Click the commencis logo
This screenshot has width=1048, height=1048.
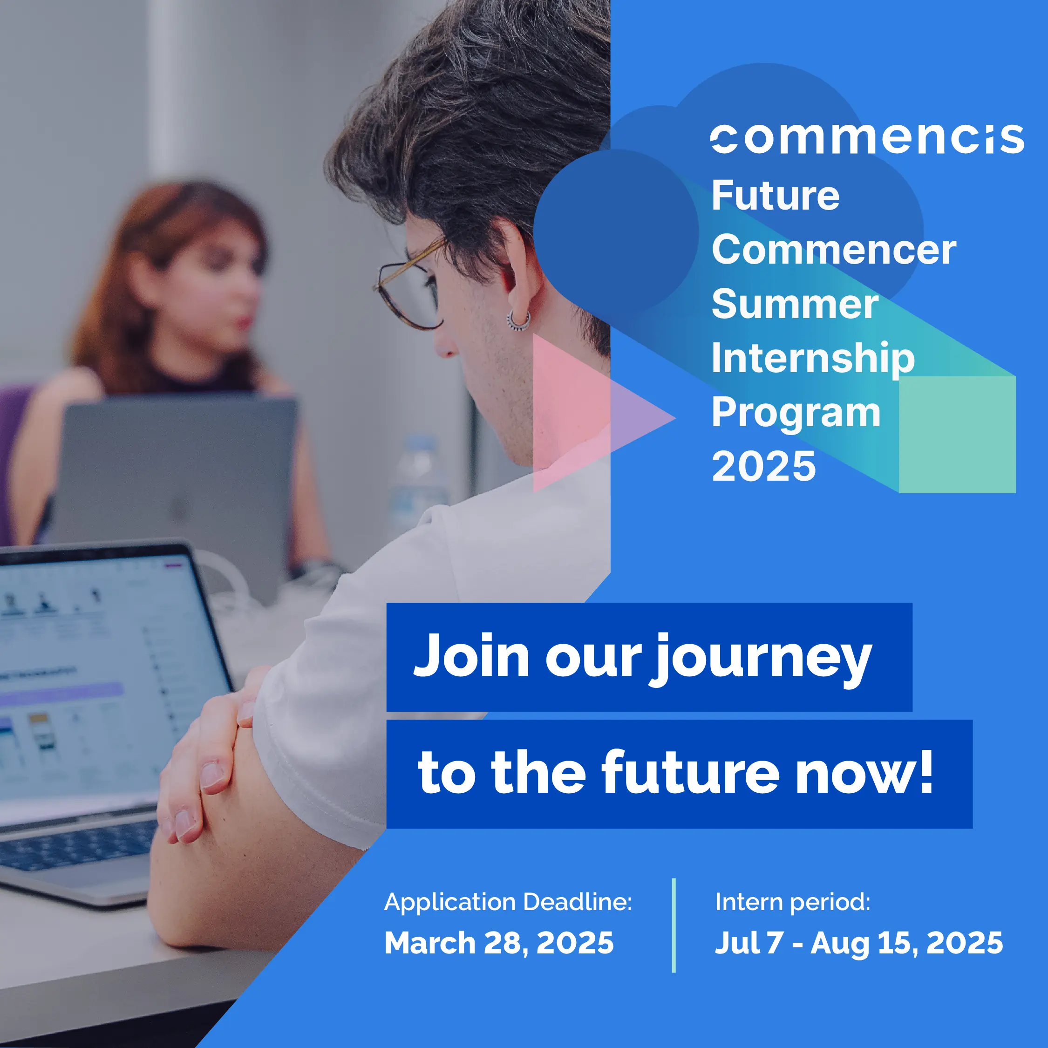[x=866, y=139]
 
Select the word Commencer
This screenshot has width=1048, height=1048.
[x=834, y=250]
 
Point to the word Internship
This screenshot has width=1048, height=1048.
[x=813, y=359]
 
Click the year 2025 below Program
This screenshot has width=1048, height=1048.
[x=763, y=467]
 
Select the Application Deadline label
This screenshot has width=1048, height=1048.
[x=508, y=902]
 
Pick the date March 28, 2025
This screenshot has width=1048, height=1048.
[x=498, y=943]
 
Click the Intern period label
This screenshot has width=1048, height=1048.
[x=792, y=902]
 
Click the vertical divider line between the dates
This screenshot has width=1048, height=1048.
[x=674, y=926]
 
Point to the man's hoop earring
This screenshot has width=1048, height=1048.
[x=518, y=321]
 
